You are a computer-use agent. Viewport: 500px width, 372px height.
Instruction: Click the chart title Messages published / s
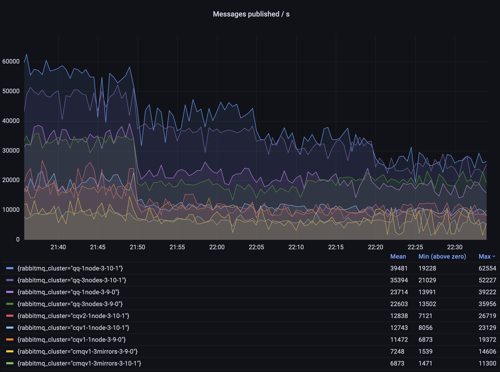tap(251, 14)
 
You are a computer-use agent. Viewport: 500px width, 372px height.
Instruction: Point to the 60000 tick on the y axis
tap(11, 61)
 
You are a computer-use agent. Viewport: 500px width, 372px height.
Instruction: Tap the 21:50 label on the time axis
tap(137, 247)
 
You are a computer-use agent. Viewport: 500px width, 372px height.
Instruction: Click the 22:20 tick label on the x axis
tap(375, 247)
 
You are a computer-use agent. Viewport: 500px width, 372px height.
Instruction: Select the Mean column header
tap(398, 257)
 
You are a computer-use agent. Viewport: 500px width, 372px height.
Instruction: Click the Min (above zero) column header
tap(442, 257)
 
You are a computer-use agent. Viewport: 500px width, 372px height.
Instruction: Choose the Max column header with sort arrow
tap(487, 257)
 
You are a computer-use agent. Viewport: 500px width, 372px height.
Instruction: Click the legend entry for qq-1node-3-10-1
tap(70, 268)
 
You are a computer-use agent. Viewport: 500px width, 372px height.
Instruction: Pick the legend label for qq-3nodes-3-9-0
tap(70, 304)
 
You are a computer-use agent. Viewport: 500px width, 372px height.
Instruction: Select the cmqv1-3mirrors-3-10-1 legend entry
tap(79, 363)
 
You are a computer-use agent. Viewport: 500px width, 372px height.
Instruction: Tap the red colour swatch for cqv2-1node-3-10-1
tap(10, 316)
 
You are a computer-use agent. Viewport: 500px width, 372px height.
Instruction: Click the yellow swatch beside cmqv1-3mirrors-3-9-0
tap(10, 351)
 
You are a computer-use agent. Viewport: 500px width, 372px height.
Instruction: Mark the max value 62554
tap(487, 268)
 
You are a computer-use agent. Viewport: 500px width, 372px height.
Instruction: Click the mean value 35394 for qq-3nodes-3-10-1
tap(399, 280)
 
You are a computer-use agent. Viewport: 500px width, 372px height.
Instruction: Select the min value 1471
tap(425, 363)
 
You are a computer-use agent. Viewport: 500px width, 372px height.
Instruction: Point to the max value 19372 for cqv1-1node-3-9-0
tap(487, 340)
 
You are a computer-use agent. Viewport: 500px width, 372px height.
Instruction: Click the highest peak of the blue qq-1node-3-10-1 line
tap(27, 54)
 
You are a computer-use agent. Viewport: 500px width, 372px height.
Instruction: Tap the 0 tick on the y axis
tap(18, 239)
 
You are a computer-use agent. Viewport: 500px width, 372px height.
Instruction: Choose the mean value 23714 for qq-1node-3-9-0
tap(399, 292)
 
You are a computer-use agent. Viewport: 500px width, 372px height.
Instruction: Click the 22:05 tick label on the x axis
tap(256, 247)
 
